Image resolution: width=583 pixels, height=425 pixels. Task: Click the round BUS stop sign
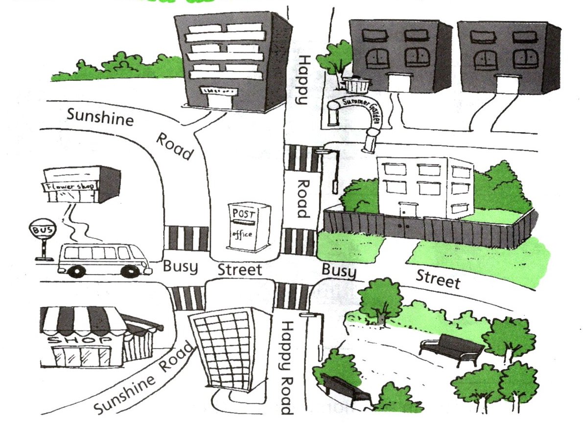point(43,229)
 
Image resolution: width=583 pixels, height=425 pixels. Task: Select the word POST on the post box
point(243,213)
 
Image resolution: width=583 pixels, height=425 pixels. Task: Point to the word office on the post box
point(242,234)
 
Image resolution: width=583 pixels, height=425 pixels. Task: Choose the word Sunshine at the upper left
point(100,117)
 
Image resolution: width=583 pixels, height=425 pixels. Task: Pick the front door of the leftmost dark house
point(398,82)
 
